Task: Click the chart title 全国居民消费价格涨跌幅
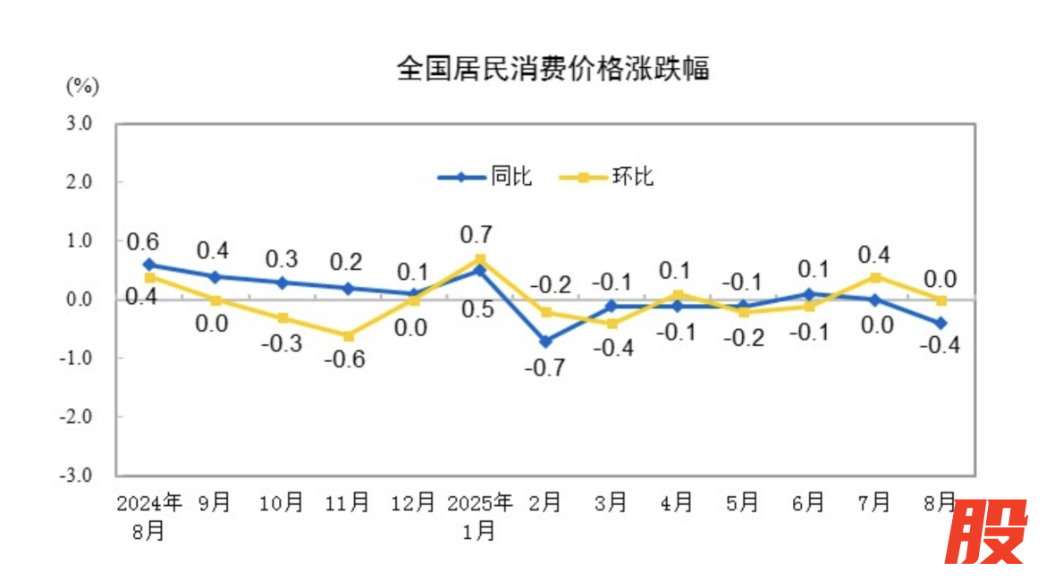pyautogui.click(x=553, y=69)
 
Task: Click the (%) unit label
pyautogui.click(x=81, y=86)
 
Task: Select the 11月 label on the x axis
pyautogui.click(x=348, y=503)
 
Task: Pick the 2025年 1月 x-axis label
pyautogui.click(x=479, y=516)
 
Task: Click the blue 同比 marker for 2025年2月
pyautogui.click(x=545, y=341)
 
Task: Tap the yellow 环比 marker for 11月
pyautogui.click(x=348, y=336)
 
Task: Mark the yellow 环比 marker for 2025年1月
pyautogui.click(x=480, y=259)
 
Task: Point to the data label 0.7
pyautogui.click(x=476, y=235)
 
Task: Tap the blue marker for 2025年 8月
pyautogui.click(x=941, y=324)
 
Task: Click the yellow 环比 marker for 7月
pyautogui.click(x=875, y=277)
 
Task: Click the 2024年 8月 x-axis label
pyautogui.click(x=149, y=516)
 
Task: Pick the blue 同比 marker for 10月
pyautogui.click(x=282, y=282)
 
